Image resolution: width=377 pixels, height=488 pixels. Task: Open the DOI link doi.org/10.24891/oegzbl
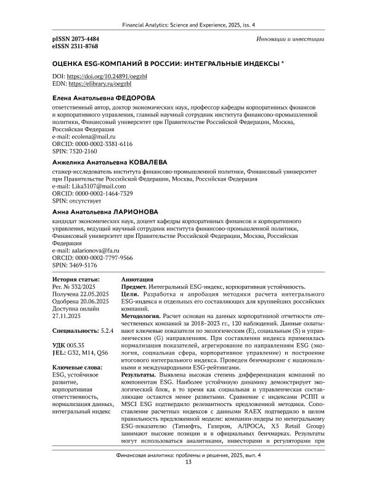[100, 76]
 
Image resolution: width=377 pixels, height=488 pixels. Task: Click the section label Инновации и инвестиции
[290, 38]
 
